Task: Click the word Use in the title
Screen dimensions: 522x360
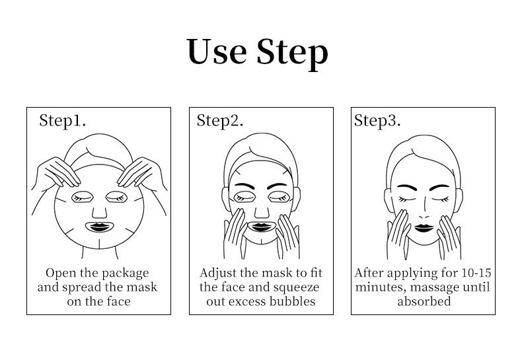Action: pos(217,52)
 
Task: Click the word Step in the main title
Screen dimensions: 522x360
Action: pos(293,54)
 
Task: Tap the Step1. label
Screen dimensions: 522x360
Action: pos(63,120)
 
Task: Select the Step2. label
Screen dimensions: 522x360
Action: pos(220,120)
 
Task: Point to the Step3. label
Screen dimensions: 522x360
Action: pos(377,120)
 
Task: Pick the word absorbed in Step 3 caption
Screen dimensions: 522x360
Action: pos(424,301)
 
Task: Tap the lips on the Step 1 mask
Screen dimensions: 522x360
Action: pos(100,227)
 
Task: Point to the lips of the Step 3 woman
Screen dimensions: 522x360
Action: pos(424,228)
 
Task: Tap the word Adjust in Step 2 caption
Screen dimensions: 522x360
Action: pos(218,273)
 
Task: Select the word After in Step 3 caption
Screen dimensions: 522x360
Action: pos(369,273)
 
